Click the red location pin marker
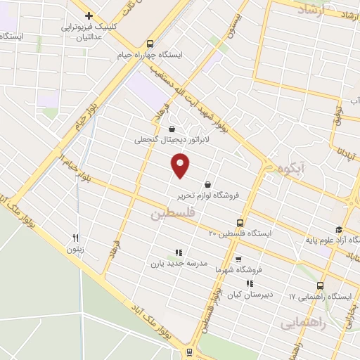[181, 166]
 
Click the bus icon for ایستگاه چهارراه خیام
[150, 43]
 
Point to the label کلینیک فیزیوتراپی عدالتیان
[92, 27]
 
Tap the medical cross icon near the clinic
[89, 15]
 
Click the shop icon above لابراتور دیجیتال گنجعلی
[173, 128]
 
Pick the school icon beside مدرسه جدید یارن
[179, 252]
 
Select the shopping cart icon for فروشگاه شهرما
[238, 258]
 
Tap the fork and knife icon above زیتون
[75, 238]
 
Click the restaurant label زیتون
[75, 249]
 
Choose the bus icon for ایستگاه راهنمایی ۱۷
[321, 285]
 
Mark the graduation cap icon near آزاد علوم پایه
[338, 229]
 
